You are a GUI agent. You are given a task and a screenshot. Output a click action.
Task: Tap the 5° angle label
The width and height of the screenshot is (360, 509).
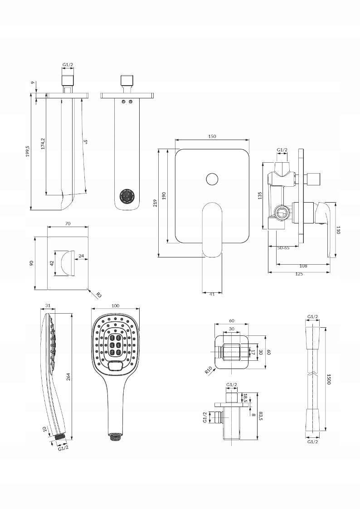coord(85,142)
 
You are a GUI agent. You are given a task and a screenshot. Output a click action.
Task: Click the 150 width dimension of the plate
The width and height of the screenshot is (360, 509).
coord(212,136)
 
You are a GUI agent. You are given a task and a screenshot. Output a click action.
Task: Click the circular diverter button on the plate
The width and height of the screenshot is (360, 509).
coord(212,179)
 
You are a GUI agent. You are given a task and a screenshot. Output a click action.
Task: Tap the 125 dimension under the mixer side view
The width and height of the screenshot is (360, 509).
coord(298,274)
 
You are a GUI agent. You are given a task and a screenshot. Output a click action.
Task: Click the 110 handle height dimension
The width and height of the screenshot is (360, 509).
coord(338,230)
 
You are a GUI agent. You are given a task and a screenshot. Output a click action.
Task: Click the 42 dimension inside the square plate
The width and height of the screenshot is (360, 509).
coord(52,262)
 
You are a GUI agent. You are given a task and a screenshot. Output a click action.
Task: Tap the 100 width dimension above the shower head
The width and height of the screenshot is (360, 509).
coord(115,306)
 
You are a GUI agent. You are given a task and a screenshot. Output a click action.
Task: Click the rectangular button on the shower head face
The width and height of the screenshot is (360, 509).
coord(117,364)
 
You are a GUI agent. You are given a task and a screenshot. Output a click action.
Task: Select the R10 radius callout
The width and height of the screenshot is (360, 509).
coord(208,371)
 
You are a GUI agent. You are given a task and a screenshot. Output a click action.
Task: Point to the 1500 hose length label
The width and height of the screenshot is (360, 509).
coord(329,379)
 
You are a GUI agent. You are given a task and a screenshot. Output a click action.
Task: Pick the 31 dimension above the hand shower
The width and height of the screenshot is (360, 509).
coord(49,306)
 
